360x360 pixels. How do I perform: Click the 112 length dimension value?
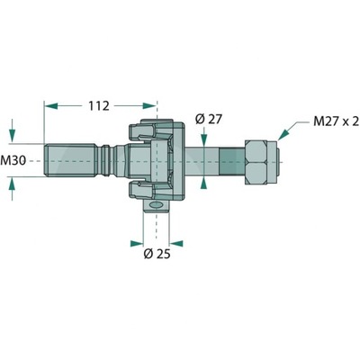(x=99, y=105)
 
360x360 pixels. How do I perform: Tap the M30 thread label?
(x=13, y=161)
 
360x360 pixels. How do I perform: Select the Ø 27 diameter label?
(x=208, y=119)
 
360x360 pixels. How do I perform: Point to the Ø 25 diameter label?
(x=157, y=254)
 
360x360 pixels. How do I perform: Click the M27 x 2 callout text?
(x=337, y=121)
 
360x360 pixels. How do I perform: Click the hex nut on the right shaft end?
(x=256, y=162)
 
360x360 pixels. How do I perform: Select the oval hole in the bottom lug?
(x=156, y=205)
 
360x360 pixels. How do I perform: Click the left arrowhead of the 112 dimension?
(x=50, y=105)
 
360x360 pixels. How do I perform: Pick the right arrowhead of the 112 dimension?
(x=149, y=105)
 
